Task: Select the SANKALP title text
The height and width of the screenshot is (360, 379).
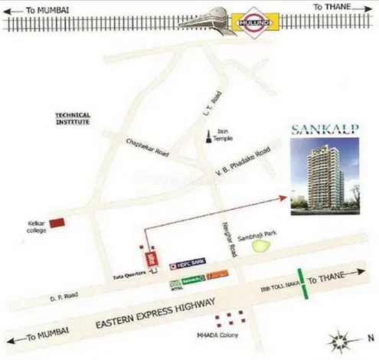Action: click(319, 130)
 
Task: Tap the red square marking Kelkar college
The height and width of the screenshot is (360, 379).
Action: click(56, 223)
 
